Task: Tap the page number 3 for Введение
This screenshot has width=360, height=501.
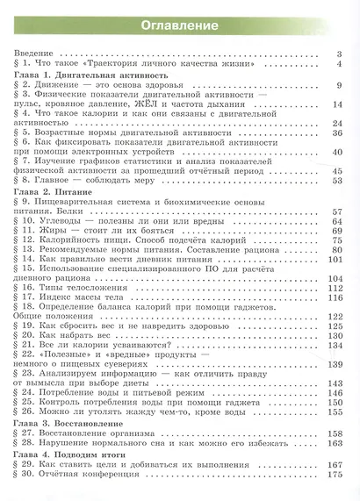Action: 339,55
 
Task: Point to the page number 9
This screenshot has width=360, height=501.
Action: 339,85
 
